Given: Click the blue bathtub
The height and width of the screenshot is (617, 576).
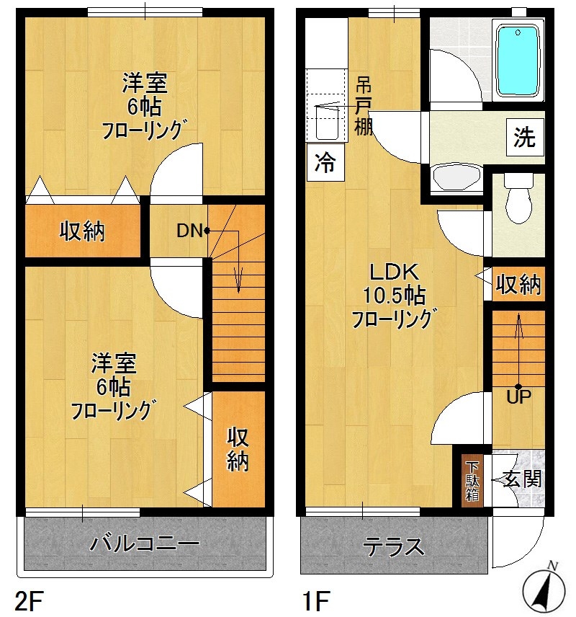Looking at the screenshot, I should point(518,61).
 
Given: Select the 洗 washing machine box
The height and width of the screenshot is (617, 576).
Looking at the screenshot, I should point(524,137).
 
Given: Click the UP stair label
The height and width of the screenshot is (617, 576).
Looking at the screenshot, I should point(518,396).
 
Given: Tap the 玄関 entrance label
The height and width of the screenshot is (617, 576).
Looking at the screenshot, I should point(521,479).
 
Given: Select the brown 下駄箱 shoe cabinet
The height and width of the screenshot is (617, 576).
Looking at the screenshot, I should point(472,481).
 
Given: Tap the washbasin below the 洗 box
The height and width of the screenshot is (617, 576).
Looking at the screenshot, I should point(458,177).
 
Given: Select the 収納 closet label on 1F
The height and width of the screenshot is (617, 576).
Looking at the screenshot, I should point(518,285).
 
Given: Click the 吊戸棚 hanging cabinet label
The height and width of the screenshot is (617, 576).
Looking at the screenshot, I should point(364,105).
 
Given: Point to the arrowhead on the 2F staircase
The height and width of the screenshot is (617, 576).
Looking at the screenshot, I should point(238,285).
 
